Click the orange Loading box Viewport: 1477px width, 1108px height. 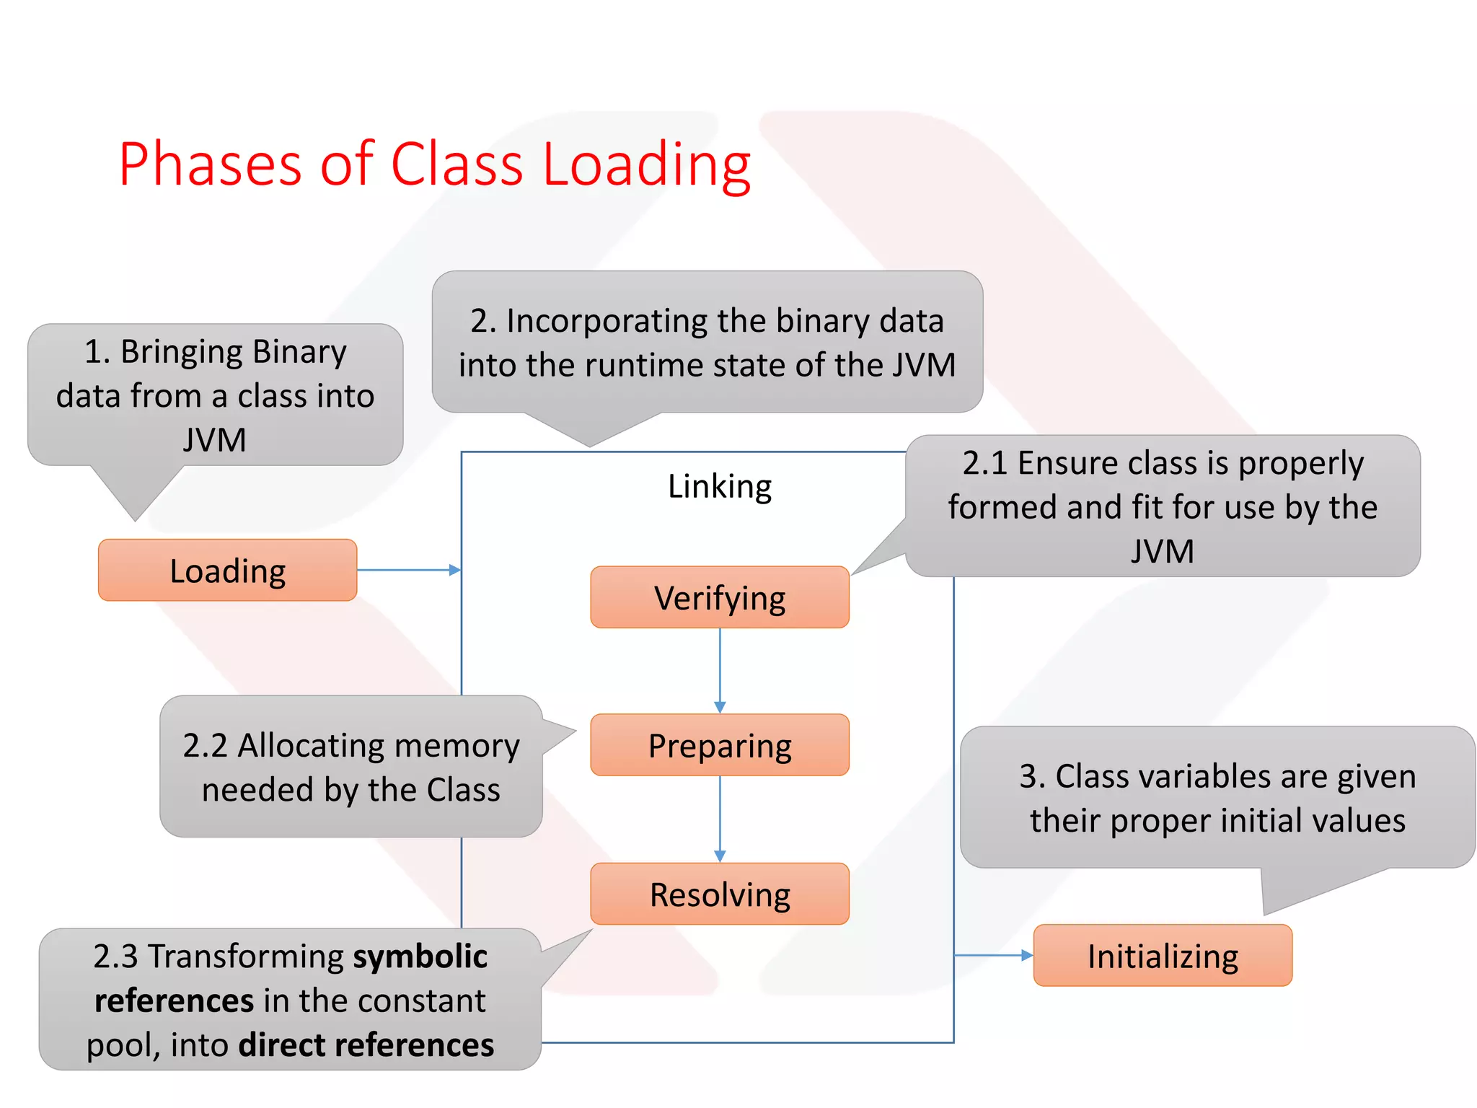click(x=227, y=570)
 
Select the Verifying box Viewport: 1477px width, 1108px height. click(x=720, y=597)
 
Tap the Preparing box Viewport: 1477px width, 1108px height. click(x=720, y=745)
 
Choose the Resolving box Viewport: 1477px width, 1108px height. click(x=720, y=894)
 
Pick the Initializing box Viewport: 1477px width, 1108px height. click(x=1163, y=955)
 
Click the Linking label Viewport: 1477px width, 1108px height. click(x=720, y=486)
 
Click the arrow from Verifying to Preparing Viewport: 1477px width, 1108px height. click(x=720, y=670)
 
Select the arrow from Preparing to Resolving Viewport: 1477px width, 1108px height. click(x=720, y=819)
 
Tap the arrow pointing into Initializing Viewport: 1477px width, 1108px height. click(x=994, y=955)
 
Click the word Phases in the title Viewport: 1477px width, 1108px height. click(x=210, y=164)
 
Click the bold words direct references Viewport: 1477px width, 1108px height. click(x=366, y=1045)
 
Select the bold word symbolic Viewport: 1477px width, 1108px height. click(x=420, y=957)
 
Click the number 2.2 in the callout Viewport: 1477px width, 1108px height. click(x=205, y=746)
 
